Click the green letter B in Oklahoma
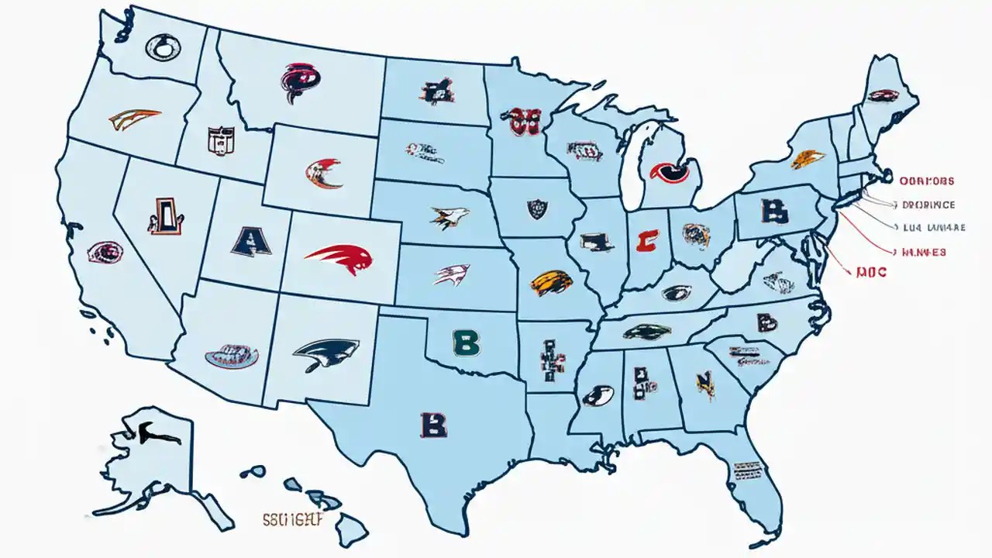tap(465, 342)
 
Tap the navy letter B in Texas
tap(433, 424)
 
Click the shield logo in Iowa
tap(537, 208)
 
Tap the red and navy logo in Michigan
tap(669, 171)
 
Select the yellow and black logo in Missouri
tap(551, 282)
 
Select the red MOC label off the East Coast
tap(871, 273)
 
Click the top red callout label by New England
tap(927, 181)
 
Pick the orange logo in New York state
tap(808, 159)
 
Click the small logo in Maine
tap(882, 96)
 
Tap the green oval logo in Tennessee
tap(647, 331)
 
